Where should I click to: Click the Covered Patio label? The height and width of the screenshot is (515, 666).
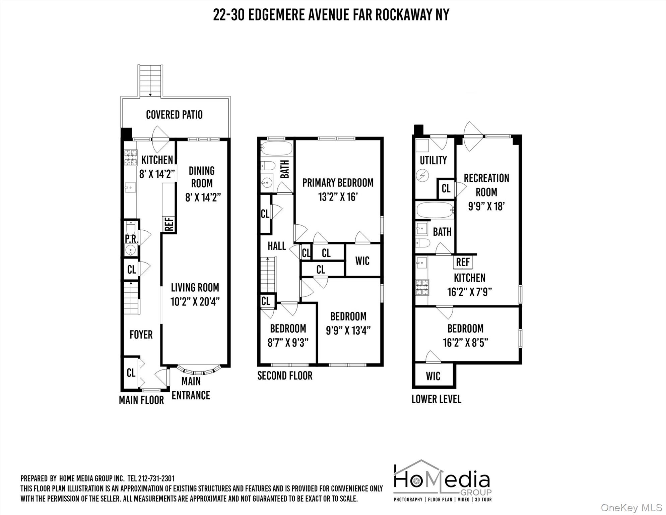(174, 115)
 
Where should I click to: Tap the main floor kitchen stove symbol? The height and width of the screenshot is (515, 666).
(131, 158)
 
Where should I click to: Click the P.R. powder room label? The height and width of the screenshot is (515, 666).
(131, 239)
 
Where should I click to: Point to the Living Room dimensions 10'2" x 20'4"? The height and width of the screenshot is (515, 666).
(195, 302)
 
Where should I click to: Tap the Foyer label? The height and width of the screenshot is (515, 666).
(141, 334)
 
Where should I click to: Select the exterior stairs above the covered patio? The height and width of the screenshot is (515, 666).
(150, 80)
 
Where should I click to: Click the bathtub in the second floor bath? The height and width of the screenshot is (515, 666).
(277, 148)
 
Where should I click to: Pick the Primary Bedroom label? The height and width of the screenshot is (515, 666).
(338, 183)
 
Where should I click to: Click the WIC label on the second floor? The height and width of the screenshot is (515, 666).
(362, 261)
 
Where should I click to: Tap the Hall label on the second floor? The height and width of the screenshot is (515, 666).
(277, 246)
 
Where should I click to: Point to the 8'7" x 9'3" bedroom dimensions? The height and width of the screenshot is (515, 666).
(288, 342)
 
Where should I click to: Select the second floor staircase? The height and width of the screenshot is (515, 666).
(268, 275)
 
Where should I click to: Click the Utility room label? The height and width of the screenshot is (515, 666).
(433, 160)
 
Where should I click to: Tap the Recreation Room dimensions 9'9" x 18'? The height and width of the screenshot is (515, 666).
(486, 206)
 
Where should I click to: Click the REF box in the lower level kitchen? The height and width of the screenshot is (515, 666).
(463, 262)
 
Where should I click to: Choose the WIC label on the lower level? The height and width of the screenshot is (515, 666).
(433, 376)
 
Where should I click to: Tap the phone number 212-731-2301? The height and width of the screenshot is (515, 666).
(156, 478)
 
